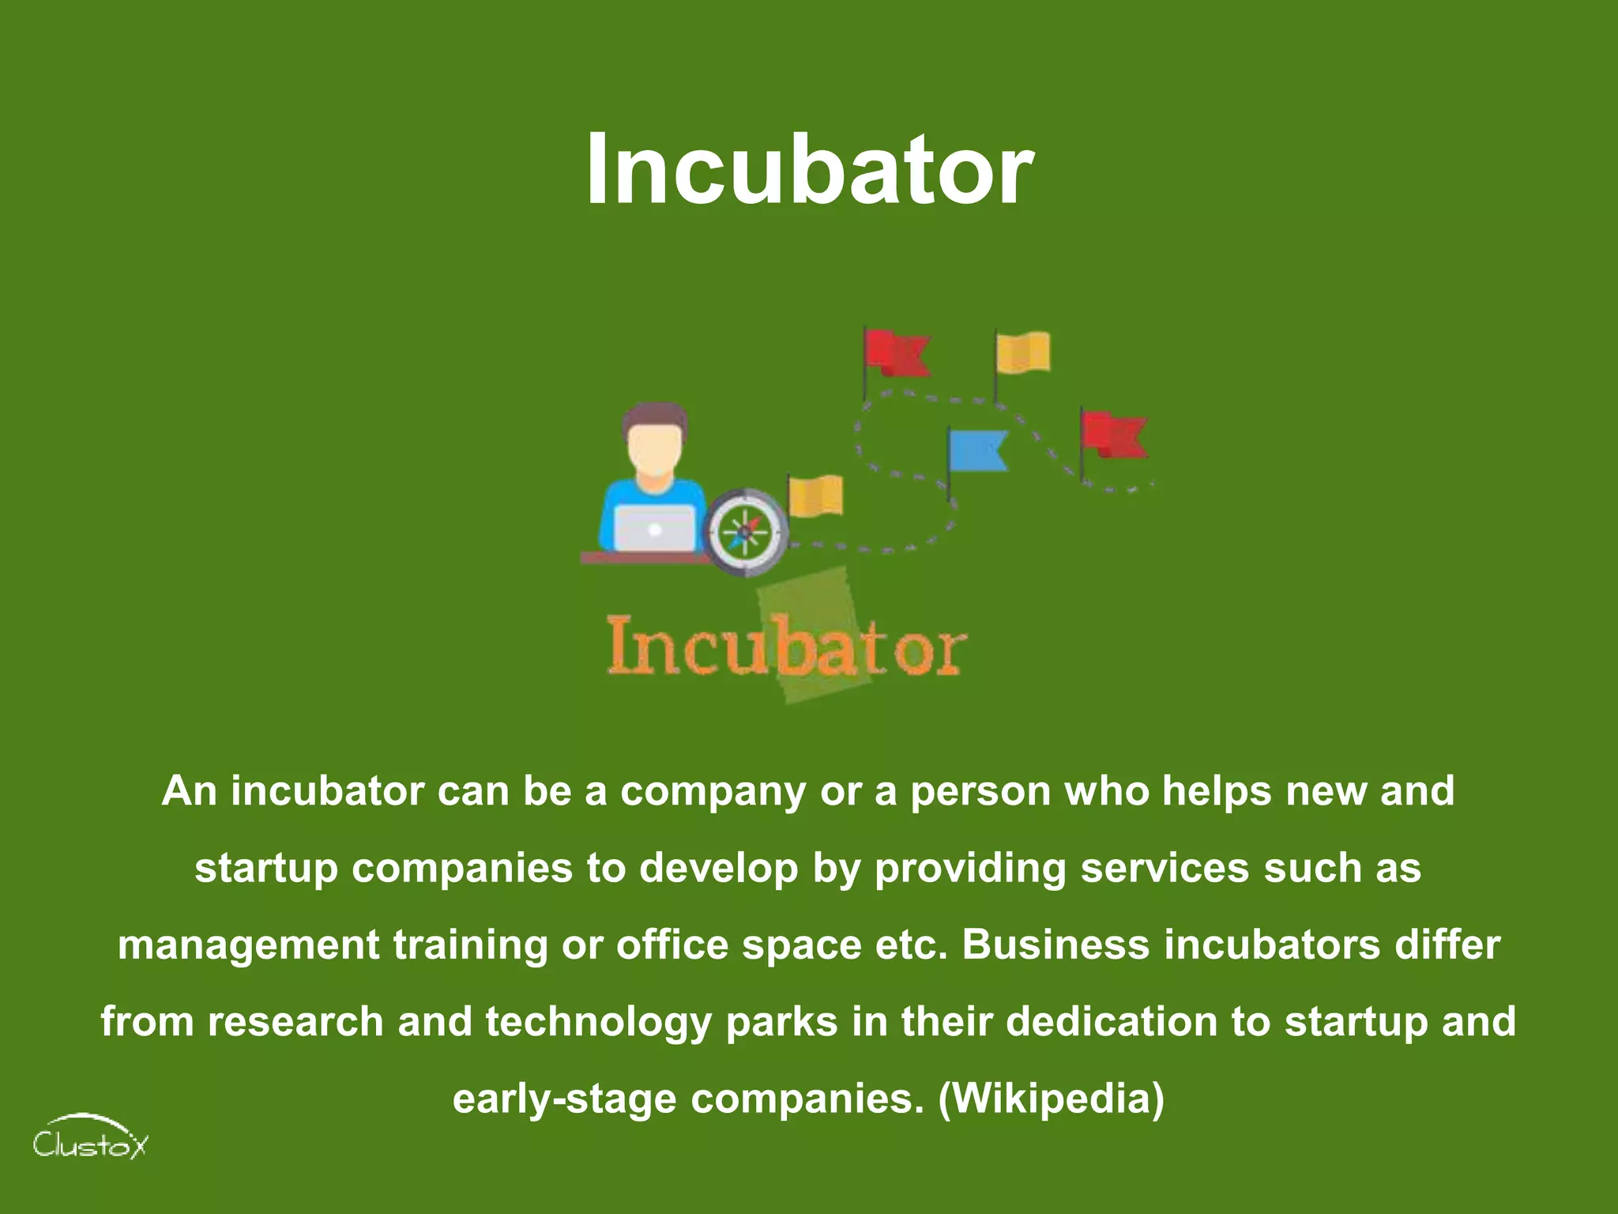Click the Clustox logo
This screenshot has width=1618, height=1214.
(x=89, y=1138)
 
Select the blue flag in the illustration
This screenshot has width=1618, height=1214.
(x=978, y=451)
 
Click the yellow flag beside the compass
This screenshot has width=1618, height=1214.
(x=816, y=496)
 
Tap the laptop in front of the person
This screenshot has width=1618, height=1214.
(x=654, y=529)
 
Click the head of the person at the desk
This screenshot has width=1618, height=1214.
(x=654, y=443)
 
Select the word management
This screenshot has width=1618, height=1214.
(x=249, y=945)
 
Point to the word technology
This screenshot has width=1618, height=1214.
(x=598, y=1022)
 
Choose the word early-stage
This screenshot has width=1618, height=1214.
(x=564, y=1099)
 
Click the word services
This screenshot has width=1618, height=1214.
(x=1165, y=867)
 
